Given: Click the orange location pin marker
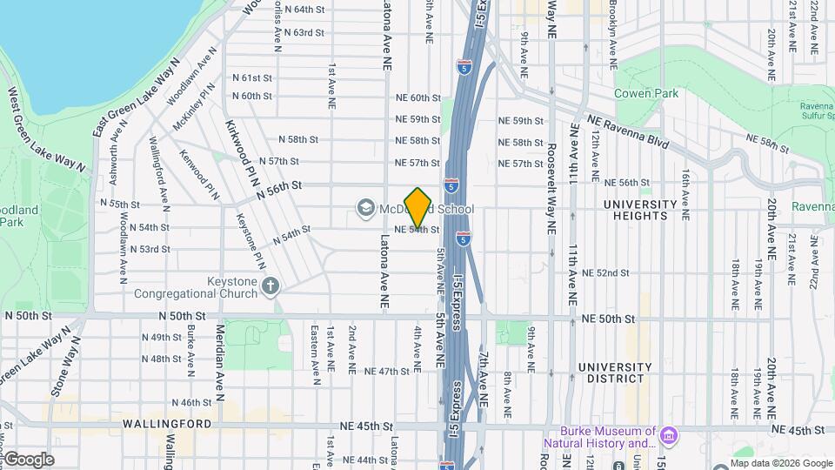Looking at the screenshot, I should tap(417, 207).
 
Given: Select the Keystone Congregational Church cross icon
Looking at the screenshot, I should tap(271, 285).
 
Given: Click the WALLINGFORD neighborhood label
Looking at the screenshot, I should tap(167, 424).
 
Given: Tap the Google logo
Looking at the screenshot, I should tap(28, 459).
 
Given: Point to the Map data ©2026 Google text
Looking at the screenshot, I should tap(780, 463).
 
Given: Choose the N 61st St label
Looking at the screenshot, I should tap(252, 77).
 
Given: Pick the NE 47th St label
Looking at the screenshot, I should tap(387, 372).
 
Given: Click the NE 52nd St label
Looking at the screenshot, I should tap(607, 273).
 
